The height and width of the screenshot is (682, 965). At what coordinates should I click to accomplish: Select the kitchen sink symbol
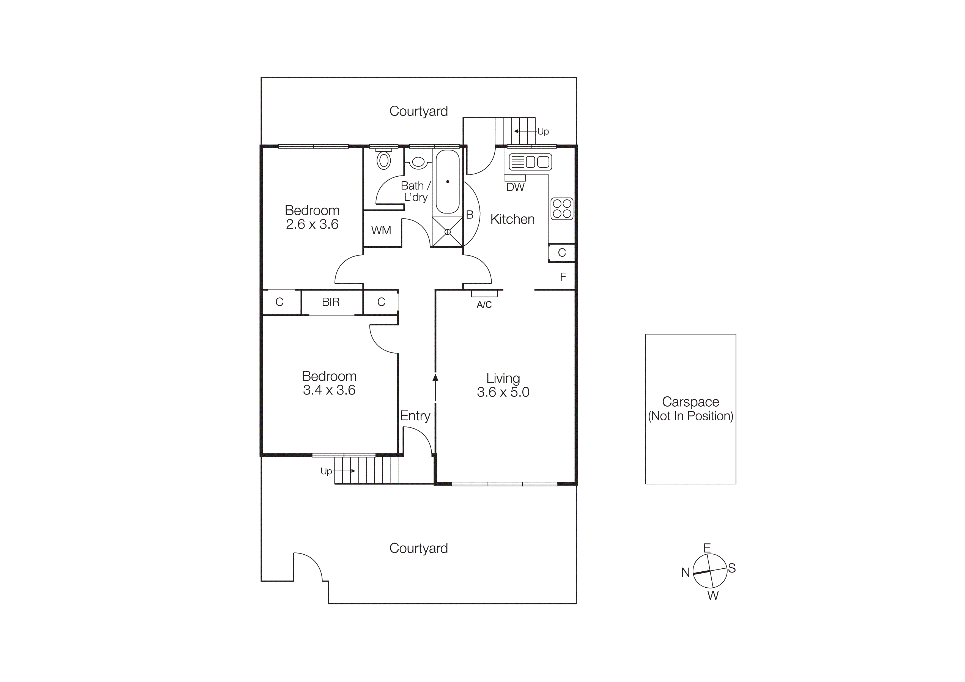[x=530, y=162]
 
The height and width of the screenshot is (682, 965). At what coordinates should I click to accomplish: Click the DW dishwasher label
[x=515, y=187]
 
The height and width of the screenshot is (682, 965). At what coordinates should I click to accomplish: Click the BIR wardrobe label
[x=330, y=302]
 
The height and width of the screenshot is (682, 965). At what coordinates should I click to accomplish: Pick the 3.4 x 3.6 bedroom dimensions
[x=329, y=390]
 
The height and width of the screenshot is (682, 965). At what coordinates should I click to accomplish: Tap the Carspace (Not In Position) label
[x=690, y=409]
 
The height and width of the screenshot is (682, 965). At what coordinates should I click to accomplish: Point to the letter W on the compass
[x=713, y=595]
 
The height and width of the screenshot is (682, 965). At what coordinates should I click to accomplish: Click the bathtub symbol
[x=447, y=182]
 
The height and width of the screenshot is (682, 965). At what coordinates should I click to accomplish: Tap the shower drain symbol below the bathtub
[x=447, y=232]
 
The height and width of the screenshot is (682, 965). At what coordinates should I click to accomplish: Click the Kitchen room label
[x=512, y=219]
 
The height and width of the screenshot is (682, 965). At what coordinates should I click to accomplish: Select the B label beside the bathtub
[x=470, y=215]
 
